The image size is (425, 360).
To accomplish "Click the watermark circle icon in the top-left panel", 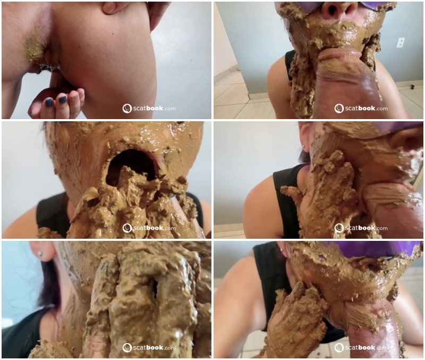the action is coord(127,108).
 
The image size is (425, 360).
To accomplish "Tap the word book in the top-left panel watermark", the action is coord(155,108).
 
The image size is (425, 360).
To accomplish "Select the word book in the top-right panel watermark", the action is coord(367,108).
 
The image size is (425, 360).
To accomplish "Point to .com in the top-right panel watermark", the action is coord(381,109).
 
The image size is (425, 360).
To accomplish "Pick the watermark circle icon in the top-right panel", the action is coord(339,108).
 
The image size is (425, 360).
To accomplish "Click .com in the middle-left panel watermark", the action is coord(169,229).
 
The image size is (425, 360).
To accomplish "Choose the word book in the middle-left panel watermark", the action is coord(155,228).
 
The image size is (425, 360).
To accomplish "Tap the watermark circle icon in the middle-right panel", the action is coord(339,228).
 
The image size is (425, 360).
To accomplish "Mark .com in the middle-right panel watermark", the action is coord(381,229).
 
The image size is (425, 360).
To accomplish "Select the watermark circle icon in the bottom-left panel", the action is coord(127,348).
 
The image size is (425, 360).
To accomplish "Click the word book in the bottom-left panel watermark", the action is coord(155,347).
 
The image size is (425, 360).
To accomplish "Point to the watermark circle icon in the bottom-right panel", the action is coord(339,348).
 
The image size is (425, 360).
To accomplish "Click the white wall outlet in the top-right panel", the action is coord(401,43).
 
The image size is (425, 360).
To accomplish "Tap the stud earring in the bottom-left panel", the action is coord(40,254).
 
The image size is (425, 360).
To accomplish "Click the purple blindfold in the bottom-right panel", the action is coord(374,249).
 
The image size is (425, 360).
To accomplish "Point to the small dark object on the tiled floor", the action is coord(413,87).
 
